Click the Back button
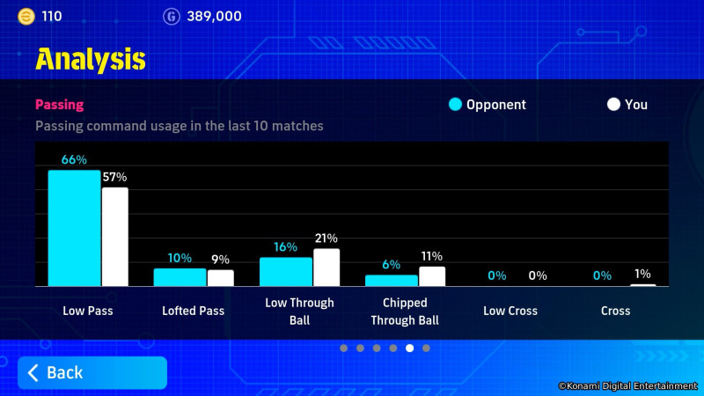pos(92,372)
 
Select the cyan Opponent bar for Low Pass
pos(74,228)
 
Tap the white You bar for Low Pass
pos(114,237)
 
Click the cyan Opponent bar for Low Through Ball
pos(285,271)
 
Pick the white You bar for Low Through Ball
pos(326,268)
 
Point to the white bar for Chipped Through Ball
pos(432,276)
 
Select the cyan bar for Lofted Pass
pos(180,277)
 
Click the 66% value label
pos(74,160)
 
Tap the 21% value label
pos(326,238)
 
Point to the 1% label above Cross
pos(642,275)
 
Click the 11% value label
pos(431,257)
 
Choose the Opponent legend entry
pos(488,105)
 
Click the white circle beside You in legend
pos(613,105)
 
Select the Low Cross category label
pos(510,311)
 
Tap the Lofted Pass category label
pos(193,311)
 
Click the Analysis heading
pos(90,59)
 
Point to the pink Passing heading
pos(59,105)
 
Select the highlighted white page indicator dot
pos(409,348)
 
